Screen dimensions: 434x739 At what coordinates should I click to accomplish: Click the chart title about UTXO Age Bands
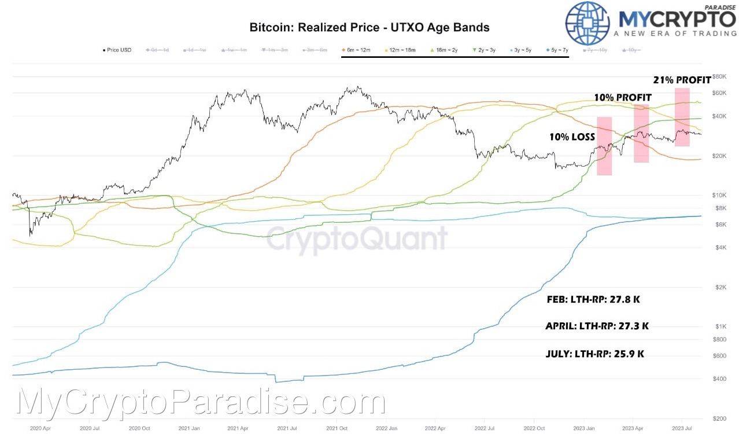pos(369,27)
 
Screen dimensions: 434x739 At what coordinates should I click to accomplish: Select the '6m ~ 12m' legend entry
pos(359,50)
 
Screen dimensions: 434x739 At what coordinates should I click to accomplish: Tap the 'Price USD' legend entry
pos(117,50)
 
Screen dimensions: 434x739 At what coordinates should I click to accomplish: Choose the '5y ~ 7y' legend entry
pos(551,50)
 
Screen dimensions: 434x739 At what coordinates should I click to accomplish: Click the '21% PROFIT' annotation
pos(682,80)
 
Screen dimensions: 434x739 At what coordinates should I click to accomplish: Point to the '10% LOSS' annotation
pos(572,138)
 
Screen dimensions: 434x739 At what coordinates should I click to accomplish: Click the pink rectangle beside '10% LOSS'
pos(604,146)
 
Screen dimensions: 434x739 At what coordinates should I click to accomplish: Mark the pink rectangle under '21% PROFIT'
pos(682,116)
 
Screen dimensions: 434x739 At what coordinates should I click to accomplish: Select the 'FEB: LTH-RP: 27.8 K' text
pos(593,300)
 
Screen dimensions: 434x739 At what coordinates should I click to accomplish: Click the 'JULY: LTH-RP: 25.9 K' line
pos(595,353)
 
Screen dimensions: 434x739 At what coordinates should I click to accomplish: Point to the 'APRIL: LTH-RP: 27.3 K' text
pos(597,326)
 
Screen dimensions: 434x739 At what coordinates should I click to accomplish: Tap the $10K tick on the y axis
pos(720,195)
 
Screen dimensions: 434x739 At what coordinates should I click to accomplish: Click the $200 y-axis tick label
pos(720,418)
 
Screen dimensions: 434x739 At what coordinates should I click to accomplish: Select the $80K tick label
pos(719,76)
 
